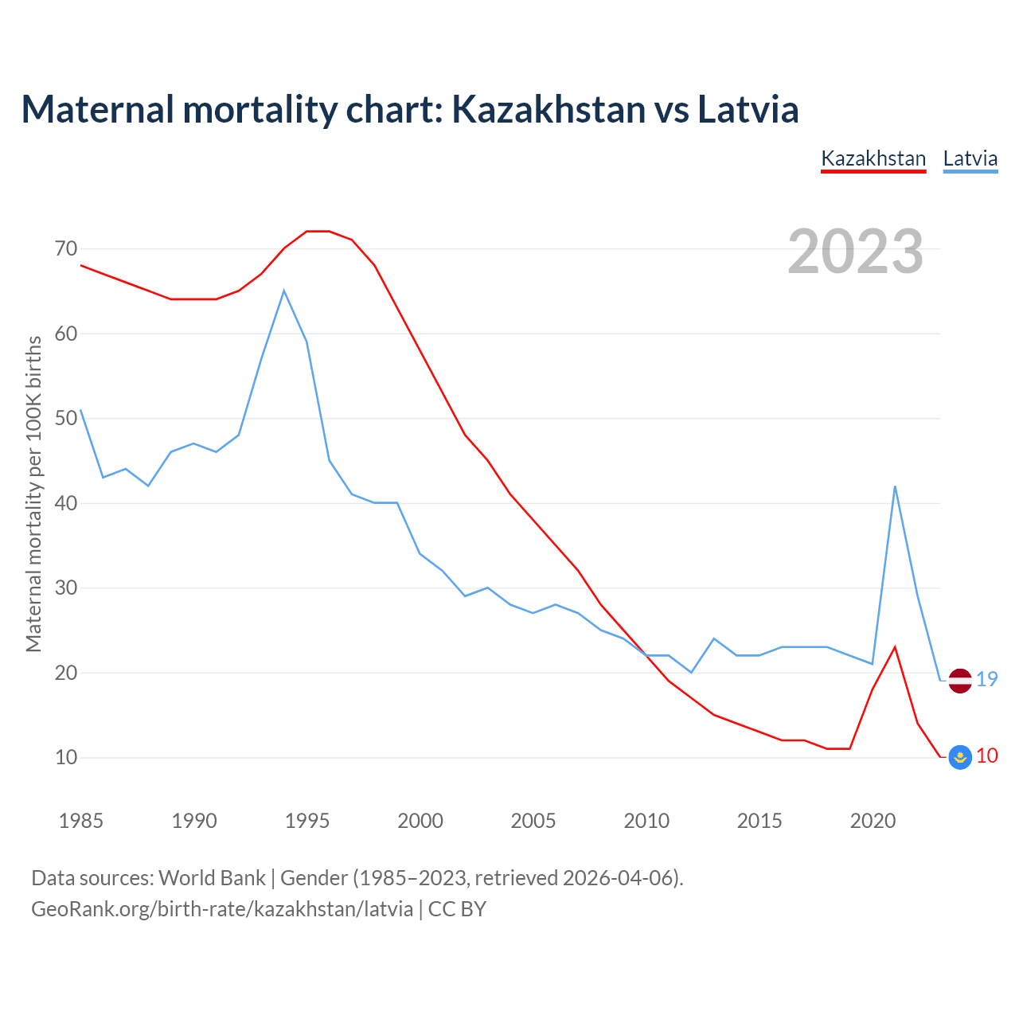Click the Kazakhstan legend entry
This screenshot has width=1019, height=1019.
873,158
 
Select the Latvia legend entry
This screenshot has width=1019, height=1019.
970,158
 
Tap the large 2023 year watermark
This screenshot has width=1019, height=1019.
856,252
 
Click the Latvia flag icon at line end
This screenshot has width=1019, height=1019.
960,681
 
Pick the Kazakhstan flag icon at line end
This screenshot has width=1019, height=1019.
960,757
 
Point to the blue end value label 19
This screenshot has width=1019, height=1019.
987,679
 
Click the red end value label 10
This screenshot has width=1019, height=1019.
987,755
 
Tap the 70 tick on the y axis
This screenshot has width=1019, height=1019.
67,249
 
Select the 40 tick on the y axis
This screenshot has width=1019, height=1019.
67,503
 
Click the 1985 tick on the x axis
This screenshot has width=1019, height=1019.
81,821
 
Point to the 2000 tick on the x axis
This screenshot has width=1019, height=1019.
420,821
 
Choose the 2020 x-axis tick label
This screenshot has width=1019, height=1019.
873,821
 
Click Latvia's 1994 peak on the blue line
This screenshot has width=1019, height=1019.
284,291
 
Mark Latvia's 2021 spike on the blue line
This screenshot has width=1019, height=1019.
895,486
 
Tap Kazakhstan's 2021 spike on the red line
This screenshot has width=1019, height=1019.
895,646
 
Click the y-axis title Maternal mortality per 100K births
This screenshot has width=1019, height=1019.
33,494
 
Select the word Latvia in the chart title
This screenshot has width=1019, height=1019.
748,109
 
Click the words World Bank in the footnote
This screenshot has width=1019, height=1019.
212,878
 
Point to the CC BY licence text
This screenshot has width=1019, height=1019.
457,909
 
